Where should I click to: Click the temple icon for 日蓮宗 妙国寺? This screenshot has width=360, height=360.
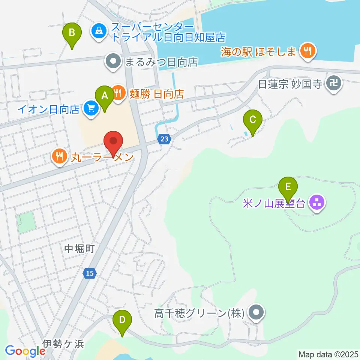pyautogui.click(x=333, y=83)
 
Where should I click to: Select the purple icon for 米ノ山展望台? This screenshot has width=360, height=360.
pyautogui.click(x=317, y=203)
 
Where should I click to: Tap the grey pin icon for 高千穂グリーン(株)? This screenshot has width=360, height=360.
pyautogui.click(x=257, y=312)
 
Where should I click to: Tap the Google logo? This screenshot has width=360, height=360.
pyautogui.click(x=25, y=351)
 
